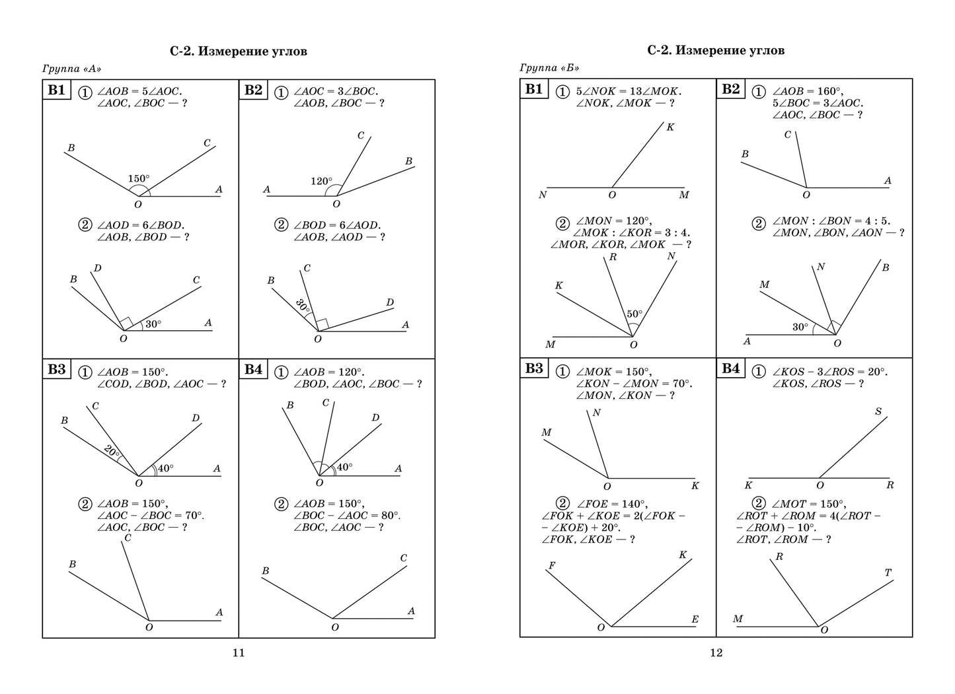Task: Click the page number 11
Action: (239, 653)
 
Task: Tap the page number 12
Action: (716, 653)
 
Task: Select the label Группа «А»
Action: (72, 68)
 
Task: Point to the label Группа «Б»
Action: (549, 67)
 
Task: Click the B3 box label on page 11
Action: (57, 369)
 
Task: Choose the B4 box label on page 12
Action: (730, 368)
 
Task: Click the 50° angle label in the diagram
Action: (634, 314)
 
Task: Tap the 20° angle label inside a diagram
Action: (112, 452)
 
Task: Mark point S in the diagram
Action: (878, 411)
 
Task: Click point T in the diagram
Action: (888, 573)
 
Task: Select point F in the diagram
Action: (551, 565)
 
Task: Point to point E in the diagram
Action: (695, 619)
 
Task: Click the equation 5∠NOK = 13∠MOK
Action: (628, 92)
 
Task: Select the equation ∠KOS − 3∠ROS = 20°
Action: (830, 372)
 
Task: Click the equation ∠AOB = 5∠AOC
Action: (139, 92)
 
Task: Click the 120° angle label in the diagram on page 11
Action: (321, 181)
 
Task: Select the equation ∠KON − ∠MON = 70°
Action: (633, 383)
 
